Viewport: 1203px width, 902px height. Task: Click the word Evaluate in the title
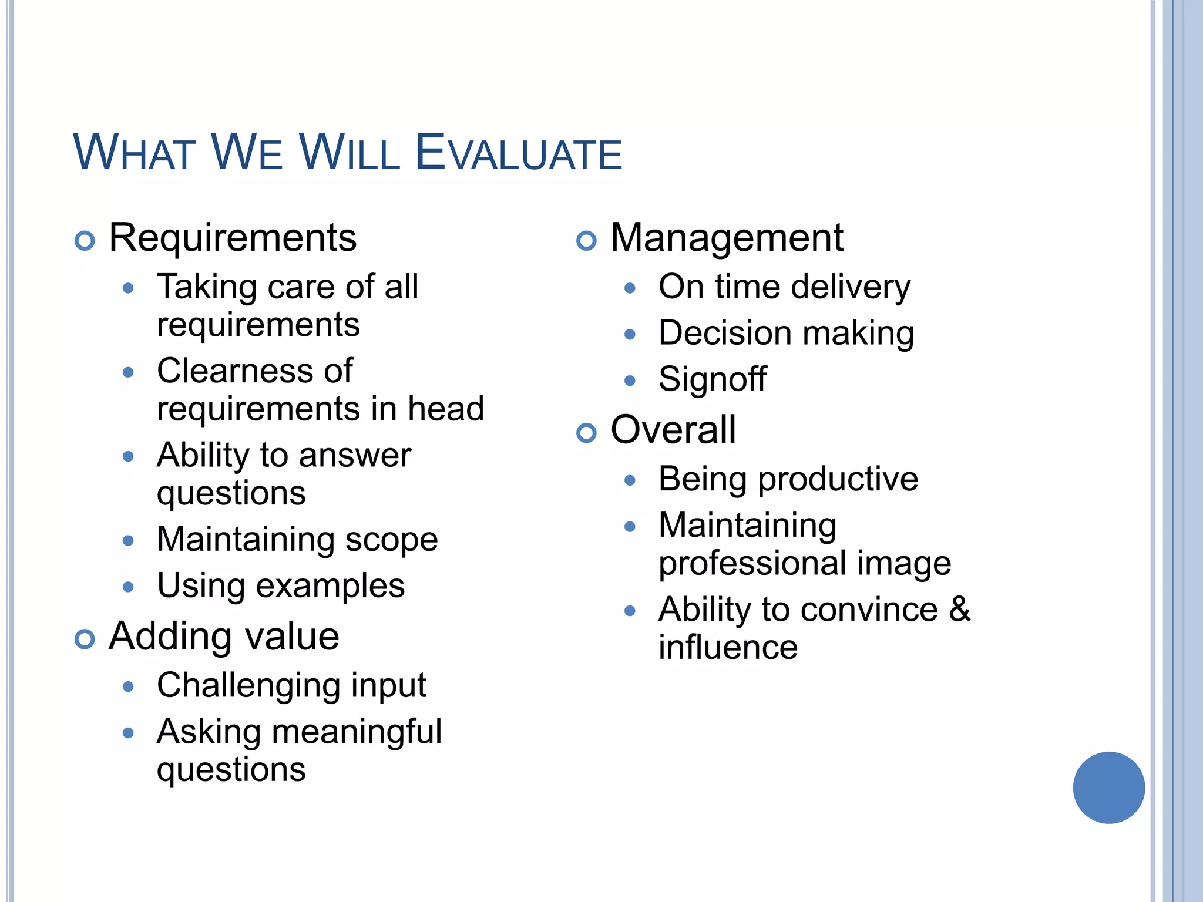tap(518, 153)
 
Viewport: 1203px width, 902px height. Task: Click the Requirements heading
tap(233, 238)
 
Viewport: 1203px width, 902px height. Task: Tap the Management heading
tap(727, 238)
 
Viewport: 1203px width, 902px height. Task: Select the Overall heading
tap(673, 430)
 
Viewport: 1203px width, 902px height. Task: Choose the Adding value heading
tap(224, 637)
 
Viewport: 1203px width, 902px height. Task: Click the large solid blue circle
tap(1108, 787)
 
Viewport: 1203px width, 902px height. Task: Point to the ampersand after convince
tap(959, 609)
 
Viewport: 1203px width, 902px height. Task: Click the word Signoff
tap(712, 379)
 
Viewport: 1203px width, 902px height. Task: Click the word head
tap(446, 409)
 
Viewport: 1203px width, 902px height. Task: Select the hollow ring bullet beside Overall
tap(586, 433)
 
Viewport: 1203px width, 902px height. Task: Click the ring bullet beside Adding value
tap(85, 640)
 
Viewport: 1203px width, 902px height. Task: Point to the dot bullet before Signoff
tap(630, 381)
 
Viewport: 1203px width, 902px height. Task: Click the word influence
tap(728, 647)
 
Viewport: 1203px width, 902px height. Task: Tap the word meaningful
tap(357, 732)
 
